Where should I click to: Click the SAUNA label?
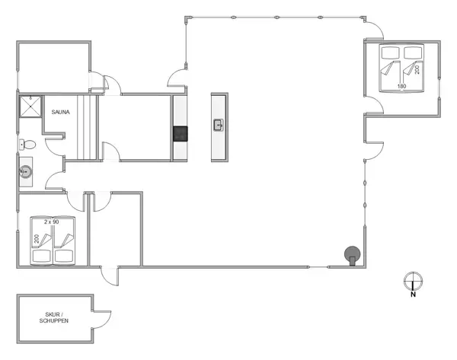pyautogui.click(x=61, y=113)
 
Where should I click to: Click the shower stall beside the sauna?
pyautogui.click(x=30, y=107)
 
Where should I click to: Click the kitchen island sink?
pyautogui.click(x=219, y=125)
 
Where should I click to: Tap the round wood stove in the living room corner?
pyautogui.click(x=352, y=255)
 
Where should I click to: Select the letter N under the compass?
pyautogui.click(x=412, y=295)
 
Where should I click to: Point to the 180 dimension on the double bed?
pyautogui.click(x=402, y=87)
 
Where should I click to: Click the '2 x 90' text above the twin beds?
pyautogui.click(x=52, y=221)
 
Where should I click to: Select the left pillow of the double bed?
pyautogui.click(x=391, y=53)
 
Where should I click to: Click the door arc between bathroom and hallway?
pyautogui.click(x=55, y=181)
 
